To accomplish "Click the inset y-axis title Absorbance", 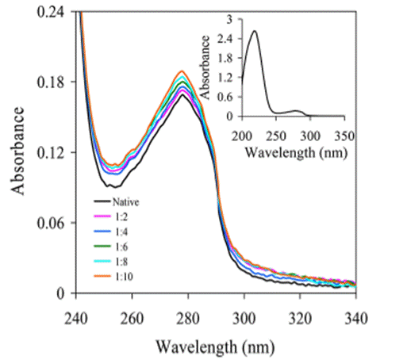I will (x=205, y=67).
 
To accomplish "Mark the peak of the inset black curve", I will (x=255, y=31).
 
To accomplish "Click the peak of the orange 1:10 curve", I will (x=182, y=71).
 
